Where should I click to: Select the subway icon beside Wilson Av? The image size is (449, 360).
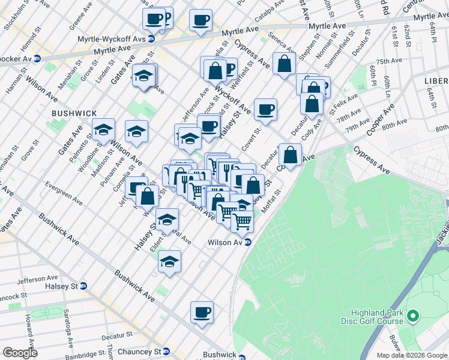pyautogui.click(x=247, y=242)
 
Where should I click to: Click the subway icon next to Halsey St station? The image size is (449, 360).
pyautogui.click(x=83, y=287)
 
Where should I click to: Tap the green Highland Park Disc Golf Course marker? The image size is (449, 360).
pyautogui.click(x=412, y=315)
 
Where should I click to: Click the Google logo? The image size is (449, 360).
pyautogui.click(x=19, y=353)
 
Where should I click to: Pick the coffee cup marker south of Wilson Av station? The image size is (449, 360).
pyautogui.click(x=202, y=312)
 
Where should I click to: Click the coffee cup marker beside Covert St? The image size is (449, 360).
pyautogui.click(x=265, y=110)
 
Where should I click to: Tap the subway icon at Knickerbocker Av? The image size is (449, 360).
pyautogui.click(x=37, y=59)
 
